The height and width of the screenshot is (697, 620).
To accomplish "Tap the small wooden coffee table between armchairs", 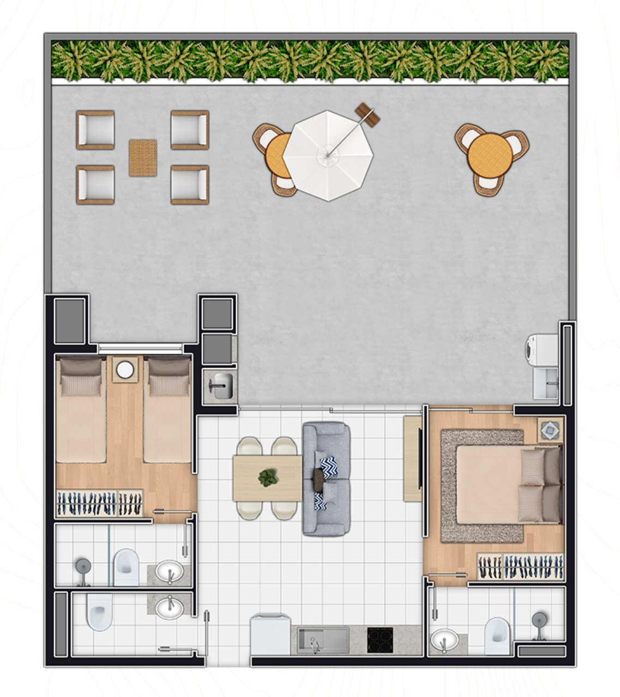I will pos(143,158).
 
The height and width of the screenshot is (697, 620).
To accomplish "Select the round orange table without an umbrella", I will pos(488,154).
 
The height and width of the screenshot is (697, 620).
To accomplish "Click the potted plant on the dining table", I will pos(268,478).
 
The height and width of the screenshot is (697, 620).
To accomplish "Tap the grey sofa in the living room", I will pos(326,479).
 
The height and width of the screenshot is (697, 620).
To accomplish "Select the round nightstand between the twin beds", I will pos(125,370).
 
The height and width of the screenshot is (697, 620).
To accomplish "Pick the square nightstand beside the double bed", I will pos(549,430).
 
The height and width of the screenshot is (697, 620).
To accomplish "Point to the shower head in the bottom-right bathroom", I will pos(539,619).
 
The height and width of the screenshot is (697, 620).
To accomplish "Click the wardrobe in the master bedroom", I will pos(520,566).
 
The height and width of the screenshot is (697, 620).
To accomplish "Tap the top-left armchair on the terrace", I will pos(95,130).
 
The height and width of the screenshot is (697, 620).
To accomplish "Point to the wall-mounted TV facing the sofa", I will pos(420,458).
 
